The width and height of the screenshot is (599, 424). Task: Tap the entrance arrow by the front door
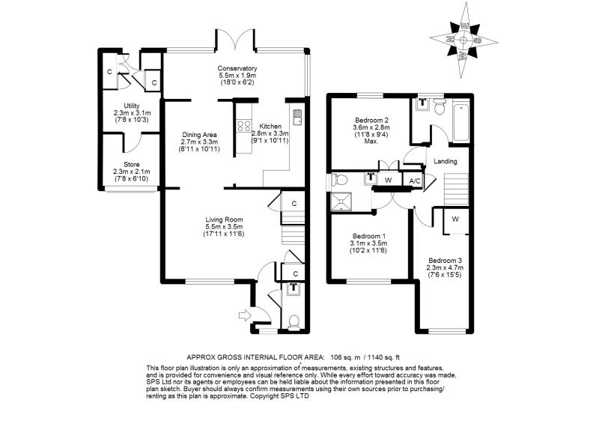[243, 315]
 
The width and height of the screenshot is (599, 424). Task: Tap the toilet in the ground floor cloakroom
[294, 322]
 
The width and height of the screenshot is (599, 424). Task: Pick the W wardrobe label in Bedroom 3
[454, 220]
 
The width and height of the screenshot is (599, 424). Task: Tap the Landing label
[445, 161]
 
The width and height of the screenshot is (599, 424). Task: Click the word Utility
[132, 106]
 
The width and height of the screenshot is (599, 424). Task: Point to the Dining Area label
[199, 135]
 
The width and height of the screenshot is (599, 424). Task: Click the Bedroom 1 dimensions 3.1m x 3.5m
[368, 242]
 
